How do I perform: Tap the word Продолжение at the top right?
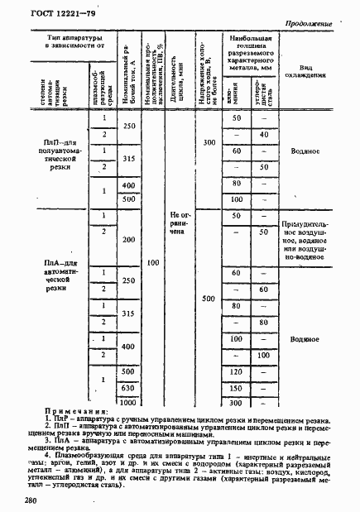point(308,25)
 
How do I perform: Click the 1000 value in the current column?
point(127,402)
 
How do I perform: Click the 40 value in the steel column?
point(264,134)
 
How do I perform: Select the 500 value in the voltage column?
point(208,299)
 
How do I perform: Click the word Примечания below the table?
point(73,411)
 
